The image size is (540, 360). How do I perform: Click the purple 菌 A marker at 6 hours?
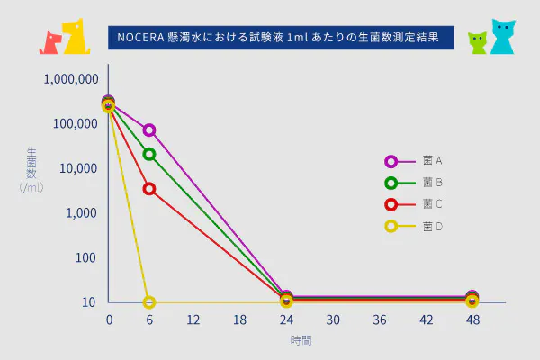point(149,130)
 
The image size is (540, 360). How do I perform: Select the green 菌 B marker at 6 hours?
point(149,154)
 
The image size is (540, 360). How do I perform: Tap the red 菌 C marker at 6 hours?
point(149,189)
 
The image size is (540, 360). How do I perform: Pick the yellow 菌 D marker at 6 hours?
point(149,302)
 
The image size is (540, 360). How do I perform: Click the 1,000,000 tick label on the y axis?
point(71,79)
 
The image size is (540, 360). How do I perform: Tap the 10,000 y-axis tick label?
point(77,168)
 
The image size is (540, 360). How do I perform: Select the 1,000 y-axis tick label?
point(80,213)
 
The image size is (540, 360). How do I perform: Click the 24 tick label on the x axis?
point(286,320)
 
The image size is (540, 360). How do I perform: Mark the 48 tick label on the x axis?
point(472,320)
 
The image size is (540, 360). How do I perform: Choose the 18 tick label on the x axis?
point(239,320)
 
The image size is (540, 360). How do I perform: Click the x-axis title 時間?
point(301,341)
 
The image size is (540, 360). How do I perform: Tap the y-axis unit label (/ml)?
point(32,187)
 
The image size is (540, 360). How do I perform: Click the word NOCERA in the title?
point(136,39)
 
